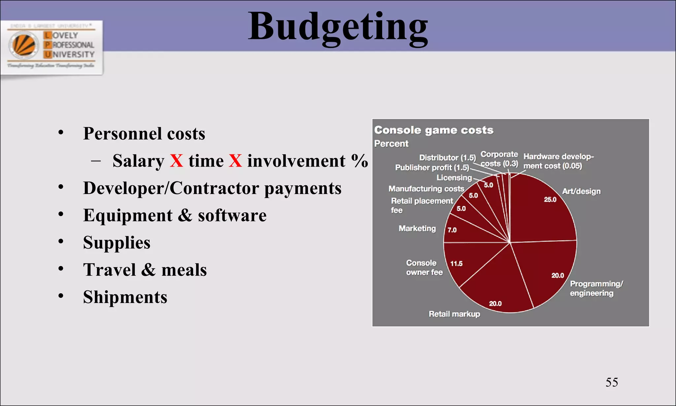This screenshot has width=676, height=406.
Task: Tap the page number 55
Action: coord(611,382)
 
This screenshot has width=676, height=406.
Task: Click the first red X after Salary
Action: coord(177,161)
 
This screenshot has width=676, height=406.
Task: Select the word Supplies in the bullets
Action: coord(117,242)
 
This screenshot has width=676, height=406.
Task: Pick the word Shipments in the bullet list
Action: coord(125,297)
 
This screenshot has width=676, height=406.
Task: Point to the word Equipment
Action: coord(128,215)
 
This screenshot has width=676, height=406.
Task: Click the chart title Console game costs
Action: coord(434,130)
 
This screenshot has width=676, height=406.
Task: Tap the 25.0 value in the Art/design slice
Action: coord(550,200)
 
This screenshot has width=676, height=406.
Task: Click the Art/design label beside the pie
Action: coord(581,191)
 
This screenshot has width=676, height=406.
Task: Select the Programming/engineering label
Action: coord(596,288)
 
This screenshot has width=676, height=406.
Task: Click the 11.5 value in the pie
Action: coord(456,264)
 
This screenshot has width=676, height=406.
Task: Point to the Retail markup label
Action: coord(454,314)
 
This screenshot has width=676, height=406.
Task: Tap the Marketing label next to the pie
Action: coord(417,229)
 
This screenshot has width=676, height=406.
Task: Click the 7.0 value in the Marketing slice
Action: coord(452,230)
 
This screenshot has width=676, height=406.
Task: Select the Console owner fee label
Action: coord(424,268)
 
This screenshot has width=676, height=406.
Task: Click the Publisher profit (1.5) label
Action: coord(432,167)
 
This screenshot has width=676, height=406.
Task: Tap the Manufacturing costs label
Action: coord(426,189)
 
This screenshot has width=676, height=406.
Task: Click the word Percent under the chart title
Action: coord(391,144)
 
